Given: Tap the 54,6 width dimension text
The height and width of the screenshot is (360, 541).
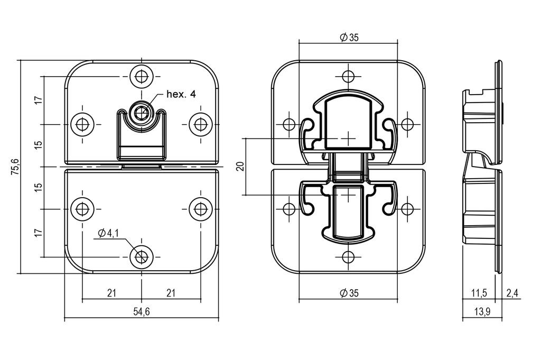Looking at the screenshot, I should click(141, 312).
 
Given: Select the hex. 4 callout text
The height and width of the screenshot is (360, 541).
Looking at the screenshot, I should click(181, 95).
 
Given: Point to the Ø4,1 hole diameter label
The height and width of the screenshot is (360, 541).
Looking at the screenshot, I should click(108, 233).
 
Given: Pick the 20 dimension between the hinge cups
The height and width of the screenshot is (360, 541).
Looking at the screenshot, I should click(240, 167).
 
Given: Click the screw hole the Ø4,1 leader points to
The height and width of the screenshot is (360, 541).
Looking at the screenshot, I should click(141, 256).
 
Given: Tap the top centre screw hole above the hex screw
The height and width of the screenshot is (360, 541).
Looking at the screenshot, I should click(141, 77).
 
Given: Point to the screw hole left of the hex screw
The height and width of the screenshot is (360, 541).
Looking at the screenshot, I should click(82, 124).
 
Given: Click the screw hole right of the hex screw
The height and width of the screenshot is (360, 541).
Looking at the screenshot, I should click(200, 124).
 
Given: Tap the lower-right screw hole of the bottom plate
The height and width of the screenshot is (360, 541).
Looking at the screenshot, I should click(200, 208).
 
